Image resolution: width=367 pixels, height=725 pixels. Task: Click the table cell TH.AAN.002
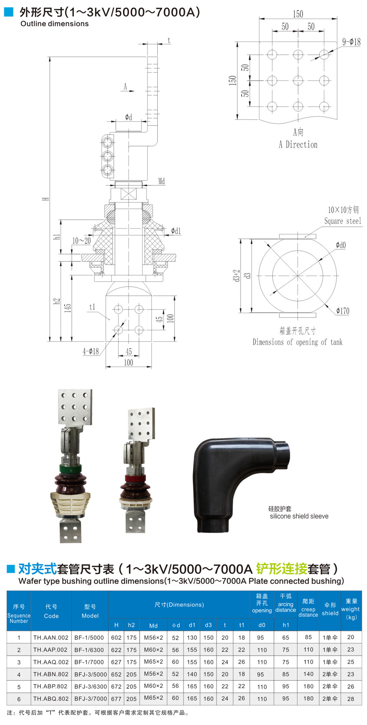pos(51,637)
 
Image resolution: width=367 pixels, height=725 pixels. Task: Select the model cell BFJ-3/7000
pos(90,698)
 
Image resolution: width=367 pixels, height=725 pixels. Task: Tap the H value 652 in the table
pos(116,674)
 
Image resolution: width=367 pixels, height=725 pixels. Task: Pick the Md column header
pos(153,626)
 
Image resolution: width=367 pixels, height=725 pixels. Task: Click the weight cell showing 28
pos(351,698)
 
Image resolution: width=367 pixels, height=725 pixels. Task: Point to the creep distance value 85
pos(308,637)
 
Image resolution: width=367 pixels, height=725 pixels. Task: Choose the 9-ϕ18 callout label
pos(351,42)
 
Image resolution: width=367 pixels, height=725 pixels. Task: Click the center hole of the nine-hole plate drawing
pos(298,80)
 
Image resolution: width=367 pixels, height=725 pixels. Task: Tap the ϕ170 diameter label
pos(343,311)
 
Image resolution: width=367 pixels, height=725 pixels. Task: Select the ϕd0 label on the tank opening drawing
pos(340,245)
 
